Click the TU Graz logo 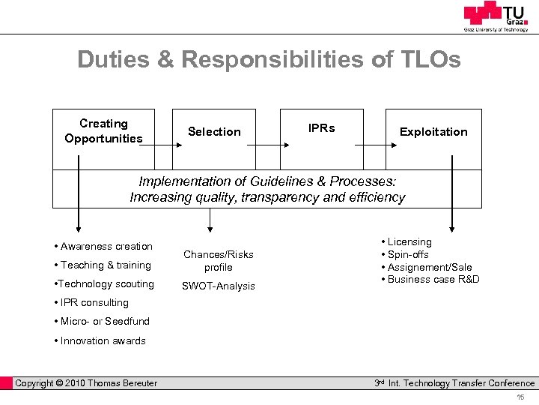[495, 16]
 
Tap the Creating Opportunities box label [103, 131]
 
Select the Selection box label [214, 132]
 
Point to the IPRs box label [321, 128]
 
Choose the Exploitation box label [433, 132]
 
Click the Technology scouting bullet [105, 284]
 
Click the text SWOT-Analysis [219, 286]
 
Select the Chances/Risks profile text [219, 261]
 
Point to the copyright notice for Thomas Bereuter [86, 383]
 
